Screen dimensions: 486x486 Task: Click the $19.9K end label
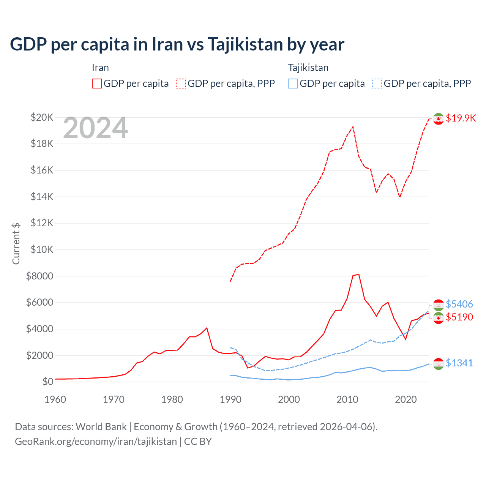[461, 118]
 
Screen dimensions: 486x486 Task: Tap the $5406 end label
[459, 304]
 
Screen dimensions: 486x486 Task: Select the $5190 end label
[459, 317]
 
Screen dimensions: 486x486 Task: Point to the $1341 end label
[459, 363]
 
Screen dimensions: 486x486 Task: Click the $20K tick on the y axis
[42, 117]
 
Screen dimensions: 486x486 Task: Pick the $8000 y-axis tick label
[39, 276]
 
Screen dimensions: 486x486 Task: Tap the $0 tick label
[47, 382]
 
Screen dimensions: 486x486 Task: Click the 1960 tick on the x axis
[55, 399]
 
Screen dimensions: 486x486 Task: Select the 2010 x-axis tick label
[347, 399]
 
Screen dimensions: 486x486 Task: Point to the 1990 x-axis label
[230, 399]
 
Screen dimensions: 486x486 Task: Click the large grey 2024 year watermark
[95, 128]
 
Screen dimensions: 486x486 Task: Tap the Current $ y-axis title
[16, 243]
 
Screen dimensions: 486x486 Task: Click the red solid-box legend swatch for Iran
[97, 84]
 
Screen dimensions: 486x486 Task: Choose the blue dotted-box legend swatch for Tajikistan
[377, 84]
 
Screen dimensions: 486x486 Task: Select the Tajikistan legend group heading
[308, 68]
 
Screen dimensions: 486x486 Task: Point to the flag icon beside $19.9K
[439, 119]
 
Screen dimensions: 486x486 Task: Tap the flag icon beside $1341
[439, 364]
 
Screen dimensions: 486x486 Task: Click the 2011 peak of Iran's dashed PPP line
[353, 127]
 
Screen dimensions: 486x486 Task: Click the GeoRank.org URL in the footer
[96, 442]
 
